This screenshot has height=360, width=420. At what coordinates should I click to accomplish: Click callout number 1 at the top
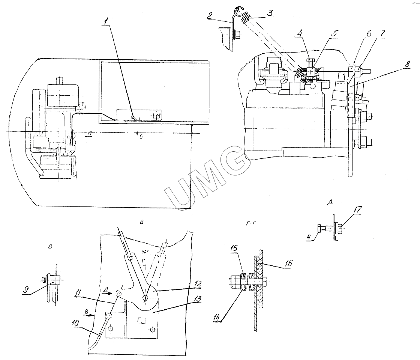[106, 21]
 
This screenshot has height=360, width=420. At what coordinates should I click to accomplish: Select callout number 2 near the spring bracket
[210, 15]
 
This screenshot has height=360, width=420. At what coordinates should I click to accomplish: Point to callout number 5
[334, 33]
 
